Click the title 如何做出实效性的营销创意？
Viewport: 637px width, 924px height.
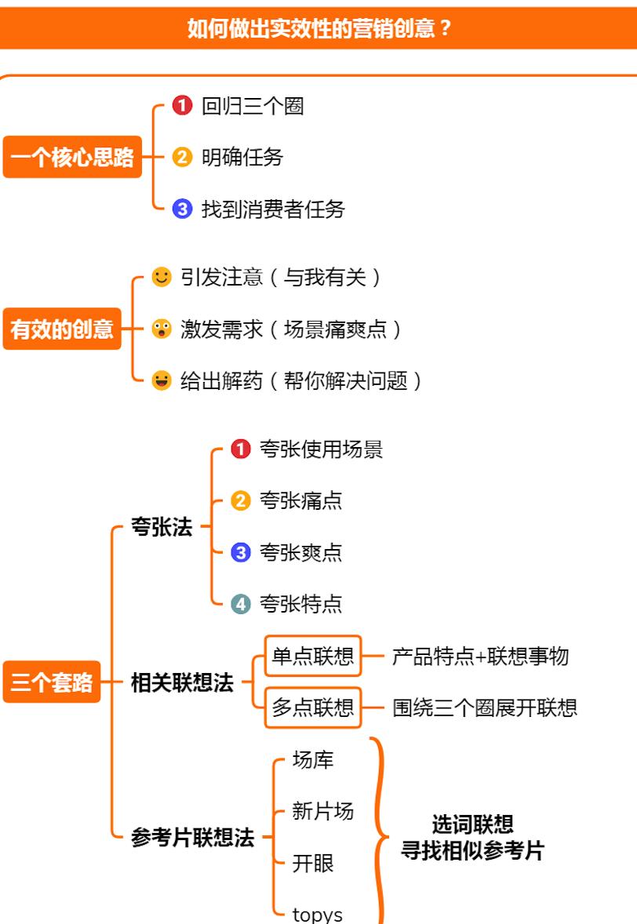(x=318, y=27)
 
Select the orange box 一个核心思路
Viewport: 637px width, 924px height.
(x=72, y=157)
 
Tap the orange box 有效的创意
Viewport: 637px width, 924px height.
(x=62, y=329)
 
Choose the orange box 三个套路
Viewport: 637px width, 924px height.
(x=52, y=682)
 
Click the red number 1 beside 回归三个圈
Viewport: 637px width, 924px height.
(x=182, y=105)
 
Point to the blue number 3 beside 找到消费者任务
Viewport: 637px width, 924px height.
(x=182, y=209)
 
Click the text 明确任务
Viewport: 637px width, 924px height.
(x=242, y=158)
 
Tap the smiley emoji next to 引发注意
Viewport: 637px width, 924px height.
(x=162, y=277)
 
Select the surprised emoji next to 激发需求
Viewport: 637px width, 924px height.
(x=162, y=329)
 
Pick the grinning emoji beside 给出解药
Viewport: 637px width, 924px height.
(x=162, y=380)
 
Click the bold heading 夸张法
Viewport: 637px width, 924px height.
(x=162, y=526)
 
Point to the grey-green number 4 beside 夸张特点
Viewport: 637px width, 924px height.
(x=240, y=604)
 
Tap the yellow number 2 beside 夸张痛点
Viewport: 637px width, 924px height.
(x=240, y=501)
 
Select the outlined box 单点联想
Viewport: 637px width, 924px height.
(x=313, y=656)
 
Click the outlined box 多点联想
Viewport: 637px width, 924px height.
(x=313, y=708)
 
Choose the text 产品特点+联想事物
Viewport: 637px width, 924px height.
(x=480, y=656)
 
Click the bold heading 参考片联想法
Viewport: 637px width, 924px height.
(x=193, y=837)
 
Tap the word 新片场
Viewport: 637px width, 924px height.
(x=323, y=812)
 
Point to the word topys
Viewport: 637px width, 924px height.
(x=317, y=914)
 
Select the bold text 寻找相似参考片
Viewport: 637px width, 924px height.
(x=472, y=850)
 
